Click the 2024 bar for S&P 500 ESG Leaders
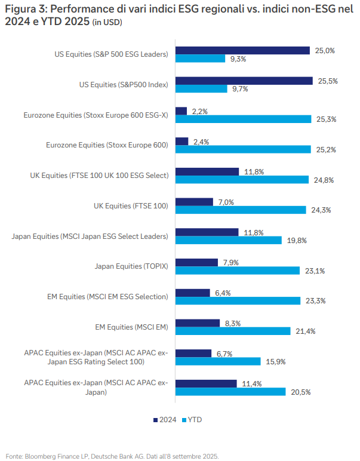tap(242, 50)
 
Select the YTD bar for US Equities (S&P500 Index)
tap(201, 88)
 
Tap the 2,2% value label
tap(199, 111)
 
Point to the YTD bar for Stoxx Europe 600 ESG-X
tap(244, 119)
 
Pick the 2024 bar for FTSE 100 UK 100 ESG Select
tap(207, 171)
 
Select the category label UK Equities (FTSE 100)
tap(131, 206)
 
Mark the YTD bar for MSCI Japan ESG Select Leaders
tap(229, 240)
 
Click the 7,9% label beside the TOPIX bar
tap(230, 262)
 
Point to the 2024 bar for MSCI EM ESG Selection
tap(193, 293)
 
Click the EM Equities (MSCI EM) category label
tap(131, 327)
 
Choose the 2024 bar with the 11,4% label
tap(207, 383)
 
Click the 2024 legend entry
tap(164, 420)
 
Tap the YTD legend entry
tap(191, 420)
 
